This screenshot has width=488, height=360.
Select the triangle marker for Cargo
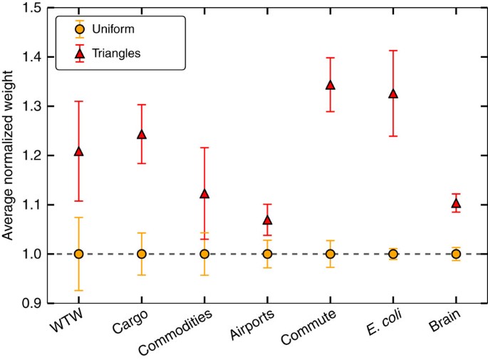pyautogui.click(x=142, y=134)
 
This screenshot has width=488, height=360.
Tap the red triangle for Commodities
pyautogui.click(x=204, y=194)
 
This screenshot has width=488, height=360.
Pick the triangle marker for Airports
pyautogui.click(x=267, y=220)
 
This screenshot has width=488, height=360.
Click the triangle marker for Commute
pyautogui.click(x=330, y=85)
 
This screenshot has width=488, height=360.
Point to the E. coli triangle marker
pyautogui.click(x=393, y=93)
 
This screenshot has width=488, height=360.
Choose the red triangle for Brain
pyautogui.click(x=456, y=203)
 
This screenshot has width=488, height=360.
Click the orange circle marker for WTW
pyautogui.click(x=79, y=254)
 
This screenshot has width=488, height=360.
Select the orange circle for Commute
pyautogui.click(x=330, y=254)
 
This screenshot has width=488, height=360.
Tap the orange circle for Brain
pyautogui.click(x=456, y=254)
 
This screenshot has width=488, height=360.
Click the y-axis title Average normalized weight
pyautogui.click(x=9, y=155)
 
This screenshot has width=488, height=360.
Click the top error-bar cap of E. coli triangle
pyautogui.click(x=393, y=51)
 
